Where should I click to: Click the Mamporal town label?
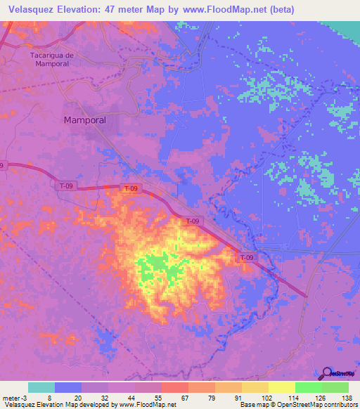[x=85, y=120]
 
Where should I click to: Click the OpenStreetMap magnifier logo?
[x=328, y=373]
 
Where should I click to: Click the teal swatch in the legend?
[x=41, y=387]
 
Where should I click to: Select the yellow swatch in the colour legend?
[x=282, y=387]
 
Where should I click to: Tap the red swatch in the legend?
[x=175, y=387]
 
